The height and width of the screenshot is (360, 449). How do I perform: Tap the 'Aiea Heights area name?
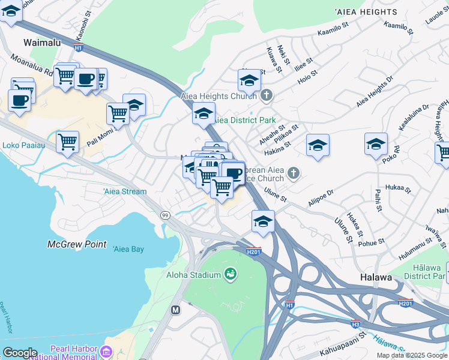coord(366,12)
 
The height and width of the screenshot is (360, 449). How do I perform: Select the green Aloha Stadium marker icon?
coord(229,275)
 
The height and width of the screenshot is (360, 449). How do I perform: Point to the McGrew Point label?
coord(77,244)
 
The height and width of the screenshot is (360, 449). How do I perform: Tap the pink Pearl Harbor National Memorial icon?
coord(107,351)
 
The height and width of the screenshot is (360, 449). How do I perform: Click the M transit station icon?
coord(176,310)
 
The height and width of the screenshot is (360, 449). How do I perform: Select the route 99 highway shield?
coord(164,215)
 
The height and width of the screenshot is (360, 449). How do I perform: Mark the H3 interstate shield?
coord(355,323)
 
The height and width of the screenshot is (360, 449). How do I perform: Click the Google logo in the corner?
coord(20,353)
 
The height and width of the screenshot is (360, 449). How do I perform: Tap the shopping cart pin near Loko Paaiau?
coord(68,143)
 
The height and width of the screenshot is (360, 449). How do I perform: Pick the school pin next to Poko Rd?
coord(376,145)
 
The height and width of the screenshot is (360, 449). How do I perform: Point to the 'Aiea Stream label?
coord(125,191)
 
